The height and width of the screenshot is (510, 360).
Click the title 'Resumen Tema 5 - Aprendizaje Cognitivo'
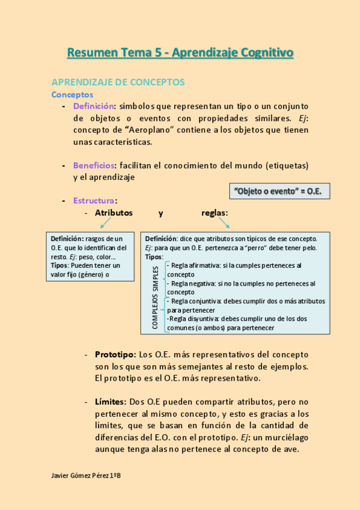(x=180, y=53)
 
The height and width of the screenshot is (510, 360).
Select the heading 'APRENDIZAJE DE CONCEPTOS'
(x=118, y=82)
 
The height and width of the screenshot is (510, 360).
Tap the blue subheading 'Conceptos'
(x=72, y=94)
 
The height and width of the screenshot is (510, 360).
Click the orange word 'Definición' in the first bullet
(x=93, y=106)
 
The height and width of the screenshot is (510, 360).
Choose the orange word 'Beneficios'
(x=94, y=165)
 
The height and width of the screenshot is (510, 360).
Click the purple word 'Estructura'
(x=94, y=200)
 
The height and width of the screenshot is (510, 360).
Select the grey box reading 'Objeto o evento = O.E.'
(x=279, y=191)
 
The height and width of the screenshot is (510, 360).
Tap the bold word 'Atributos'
(x=114, y=213)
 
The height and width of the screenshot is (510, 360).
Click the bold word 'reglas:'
(x=215, y=213)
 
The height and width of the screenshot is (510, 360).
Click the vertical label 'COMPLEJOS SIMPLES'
(x=156, y=298)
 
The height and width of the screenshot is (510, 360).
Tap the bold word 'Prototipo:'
(x=115, y=354)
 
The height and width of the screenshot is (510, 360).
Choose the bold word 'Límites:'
(x=110, y=401)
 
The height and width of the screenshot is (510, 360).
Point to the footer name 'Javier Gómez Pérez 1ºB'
(x=87, y=475)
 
